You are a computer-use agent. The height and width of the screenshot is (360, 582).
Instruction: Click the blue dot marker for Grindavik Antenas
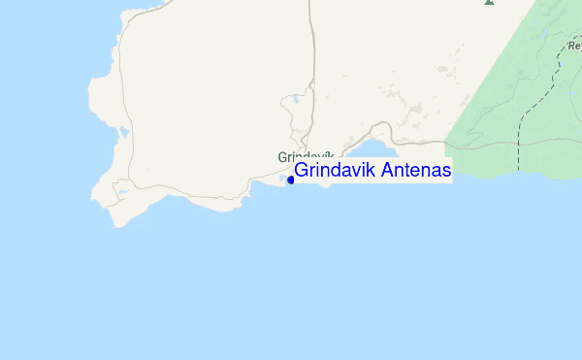(x=291, y=180)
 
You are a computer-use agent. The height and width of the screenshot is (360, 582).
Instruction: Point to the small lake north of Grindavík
(x=294, y=98)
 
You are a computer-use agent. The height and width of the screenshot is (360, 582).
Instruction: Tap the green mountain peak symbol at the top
(x=489, y=3)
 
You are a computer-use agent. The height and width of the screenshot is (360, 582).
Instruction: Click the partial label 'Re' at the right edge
(x=573, y=46)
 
